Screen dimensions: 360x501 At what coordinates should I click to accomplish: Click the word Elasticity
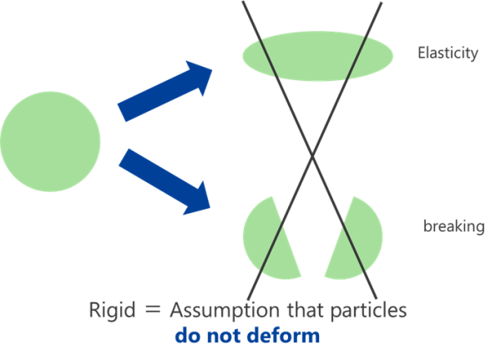click(448, 53)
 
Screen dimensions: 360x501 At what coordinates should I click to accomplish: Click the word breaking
click(453, 226)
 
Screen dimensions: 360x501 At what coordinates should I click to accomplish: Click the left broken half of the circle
click(269, 239)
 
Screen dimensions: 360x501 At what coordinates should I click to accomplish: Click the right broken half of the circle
click(354, 239)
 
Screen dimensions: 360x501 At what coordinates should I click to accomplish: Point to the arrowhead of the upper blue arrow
click(201, 74)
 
